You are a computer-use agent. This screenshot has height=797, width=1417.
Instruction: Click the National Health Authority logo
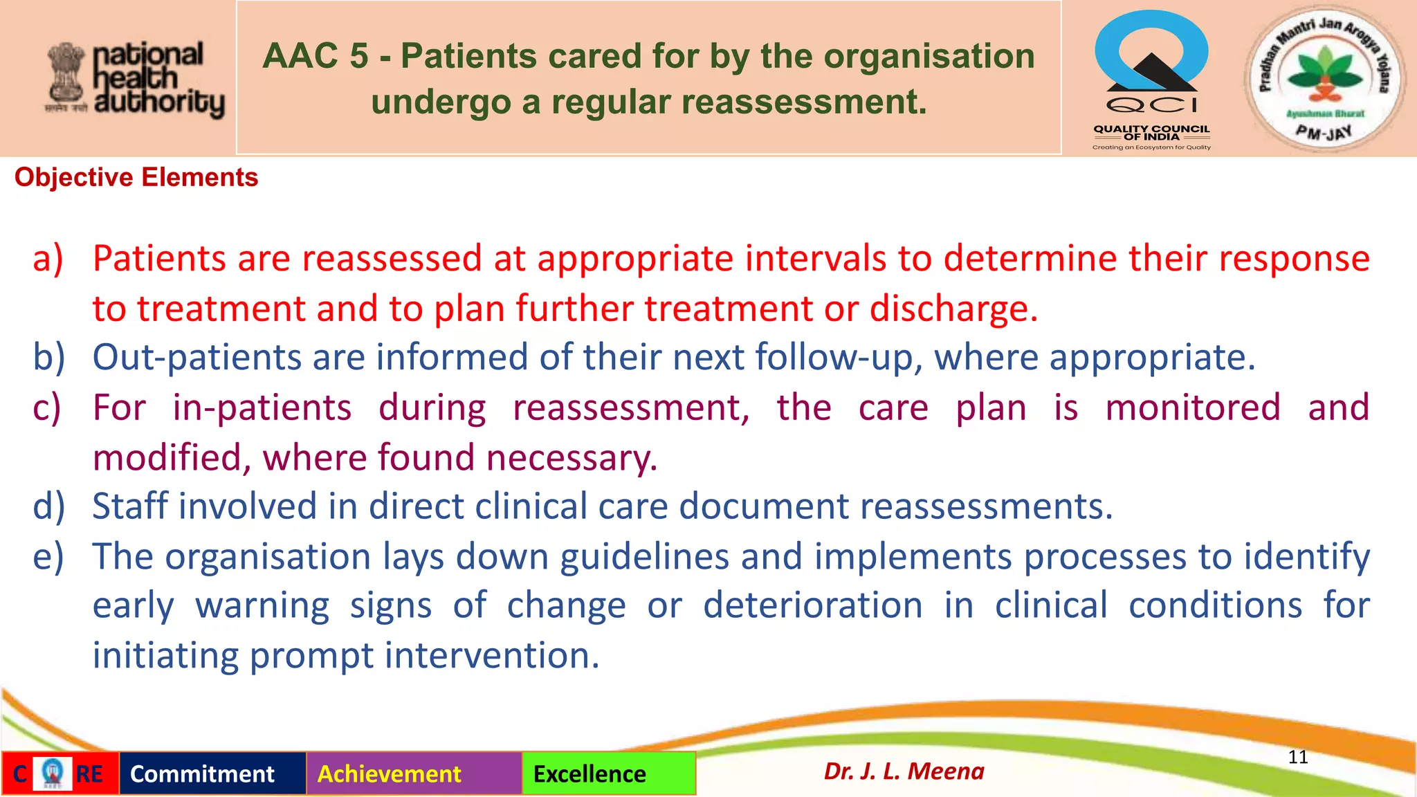(136, 79)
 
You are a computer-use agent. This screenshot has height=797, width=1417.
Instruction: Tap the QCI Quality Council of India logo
(1151, 79)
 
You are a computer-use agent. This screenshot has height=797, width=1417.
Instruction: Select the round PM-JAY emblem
(1324, 77)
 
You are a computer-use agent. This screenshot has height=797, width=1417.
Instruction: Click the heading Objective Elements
(136, 178)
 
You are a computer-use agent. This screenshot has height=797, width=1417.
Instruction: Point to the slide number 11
(1298, 757)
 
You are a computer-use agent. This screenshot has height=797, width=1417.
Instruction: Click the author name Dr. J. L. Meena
(904, 771)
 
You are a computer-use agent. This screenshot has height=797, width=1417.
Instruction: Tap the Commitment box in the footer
(203, 773)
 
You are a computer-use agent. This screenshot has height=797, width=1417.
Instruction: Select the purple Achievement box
(390, 773)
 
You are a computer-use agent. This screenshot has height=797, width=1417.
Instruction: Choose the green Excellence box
(590, 773)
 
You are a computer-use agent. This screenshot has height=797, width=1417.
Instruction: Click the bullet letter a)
(48, 258)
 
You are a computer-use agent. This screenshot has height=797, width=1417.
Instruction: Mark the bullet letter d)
(48, 506)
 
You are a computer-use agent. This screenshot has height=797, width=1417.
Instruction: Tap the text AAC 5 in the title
(316, 57)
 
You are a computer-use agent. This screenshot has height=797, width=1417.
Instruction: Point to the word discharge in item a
(953, 309)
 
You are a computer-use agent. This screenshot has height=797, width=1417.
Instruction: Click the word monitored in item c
(1193, 407)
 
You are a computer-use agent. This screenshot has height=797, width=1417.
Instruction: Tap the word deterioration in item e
(813, 605)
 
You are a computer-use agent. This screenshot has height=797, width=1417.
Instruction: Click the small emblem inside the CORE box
(53, 773)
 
